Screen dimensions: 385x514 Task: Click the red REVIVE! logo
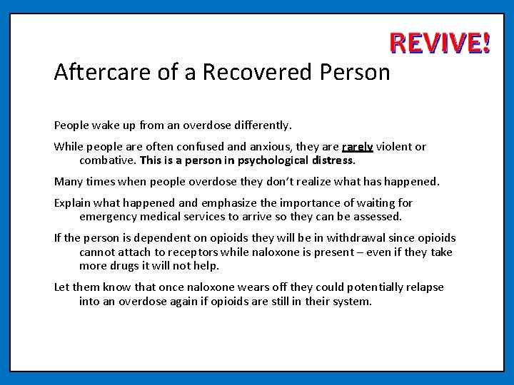pos(440,44)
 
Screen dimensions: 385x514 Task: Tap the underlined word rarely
pos(358,147)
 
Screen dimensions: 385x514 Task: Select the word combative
pos(107,160)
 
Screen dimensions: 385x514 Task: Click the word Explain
pos(74,203)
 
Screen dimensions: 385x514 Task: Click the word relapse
pos(425,287)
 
